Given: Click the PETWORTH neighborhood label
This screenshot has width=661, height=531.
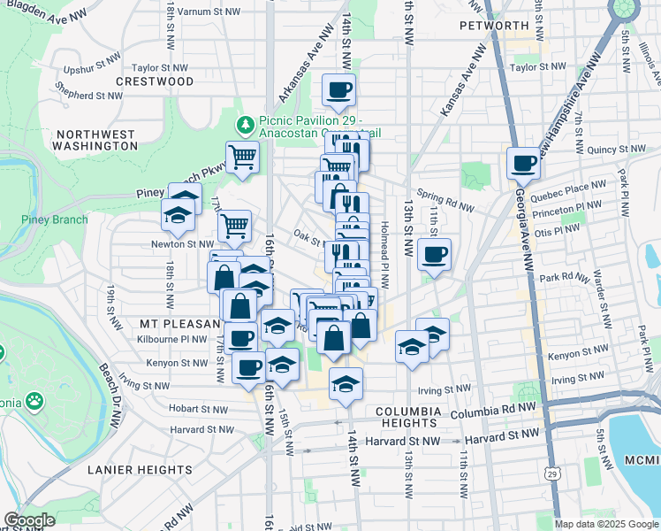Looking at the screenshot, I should pos(493,25).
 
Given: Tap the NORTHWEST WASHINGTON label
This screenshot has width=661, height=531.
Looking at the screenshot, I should pos(95,139).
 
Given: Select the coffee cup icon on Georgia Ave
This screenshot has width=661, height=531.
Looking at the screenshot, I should pos(523,163).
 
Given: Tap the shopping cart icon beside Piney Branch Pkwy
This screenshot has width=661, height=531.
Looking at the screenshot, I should pos(241,158).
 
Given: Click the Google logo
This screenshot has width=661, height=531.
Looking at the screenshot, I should pos(29,520).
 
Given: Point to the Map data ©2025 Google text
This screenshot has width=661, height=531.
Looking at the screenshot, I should pos(605,524).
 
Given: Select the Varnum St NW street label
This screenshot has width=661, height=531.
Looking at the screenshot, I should pos(208,12).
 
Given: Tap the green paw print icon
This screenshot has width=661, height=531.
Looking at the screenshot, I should pos(34,400).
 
